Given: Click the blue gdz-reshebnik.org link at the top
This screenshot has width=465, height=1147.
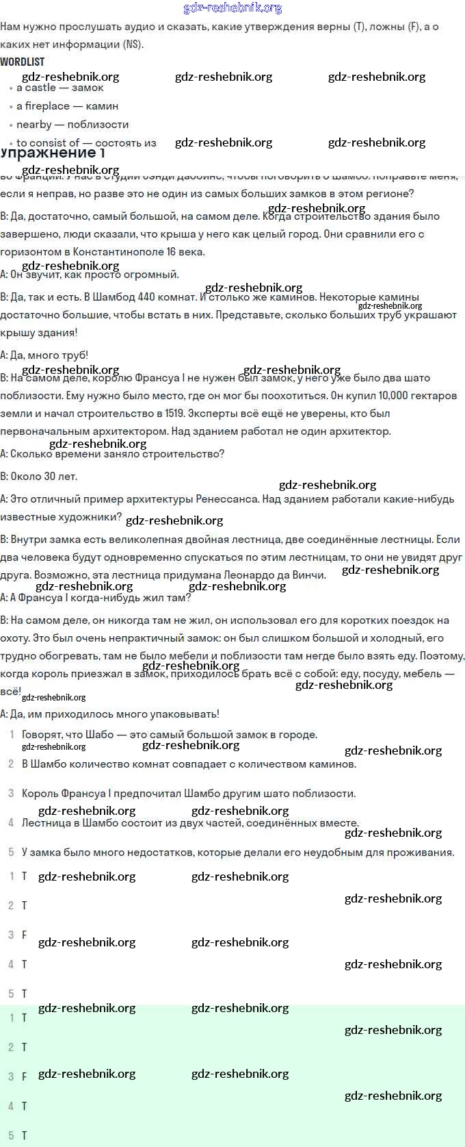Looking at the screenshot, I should click(232, 8).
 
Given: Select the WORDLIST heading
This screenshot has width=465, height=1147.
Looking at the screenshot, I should click(23, 62).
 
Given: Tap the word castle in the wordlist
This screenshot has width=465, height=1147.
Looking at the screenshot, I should click(41, 88).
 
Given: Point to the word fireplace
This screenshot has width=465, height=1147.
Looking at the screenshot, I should click(47, 106).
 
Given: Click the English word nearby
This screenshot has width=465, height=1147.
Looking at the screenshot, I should click(34, 125).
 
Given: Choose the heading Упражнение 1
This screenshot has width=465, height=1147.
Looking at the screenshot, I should click(53, 153).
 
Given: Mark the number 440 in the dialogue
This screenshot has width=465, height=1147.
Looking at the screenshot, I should click(146, 298).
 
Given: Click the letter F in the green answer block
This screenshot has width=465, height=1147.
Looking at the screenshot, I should click(25, 1076).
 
